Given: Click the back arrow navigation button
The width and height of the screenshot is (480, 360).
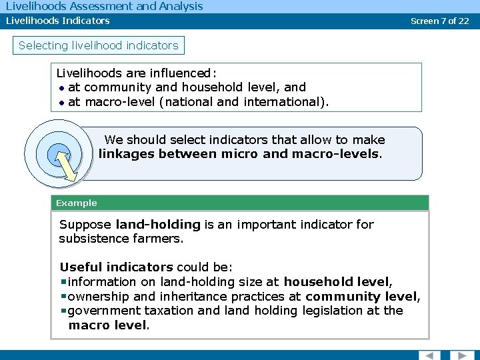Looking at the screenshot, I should coord(429,355).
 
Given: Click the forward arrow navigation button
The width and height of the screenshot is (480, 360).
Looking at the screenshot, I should coord(461,355).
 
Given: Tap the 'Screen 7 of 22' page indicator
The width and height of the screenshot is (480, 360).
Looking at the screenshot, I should coord(440,21).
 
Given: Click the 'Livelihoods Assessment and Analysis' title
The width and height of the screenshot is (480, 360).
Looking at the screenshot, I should coord(104,7).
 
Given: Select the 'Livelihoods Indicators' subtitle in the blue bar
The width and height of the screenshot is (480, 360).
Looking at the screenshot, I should coord(58,21).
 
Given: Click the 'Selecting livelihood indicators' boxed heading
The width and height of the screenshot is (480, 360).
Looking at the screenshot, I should coord(99,46).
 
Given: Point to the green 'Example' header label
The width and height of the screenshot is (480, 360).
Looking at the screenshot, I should coord(77,203).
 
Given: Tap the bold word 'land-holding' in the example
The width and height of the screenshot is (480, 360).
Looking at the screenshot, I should coord(158,225).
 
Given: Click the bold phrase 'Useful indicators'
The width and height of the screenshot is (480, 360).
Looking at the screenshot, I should coord(116,267).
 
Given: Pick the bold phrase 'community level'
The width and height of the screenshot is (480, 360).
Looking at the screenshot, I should coord(362,297).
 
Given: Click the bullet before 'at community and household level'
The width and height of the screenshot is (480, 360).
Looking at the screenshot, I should coord(61,87).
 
